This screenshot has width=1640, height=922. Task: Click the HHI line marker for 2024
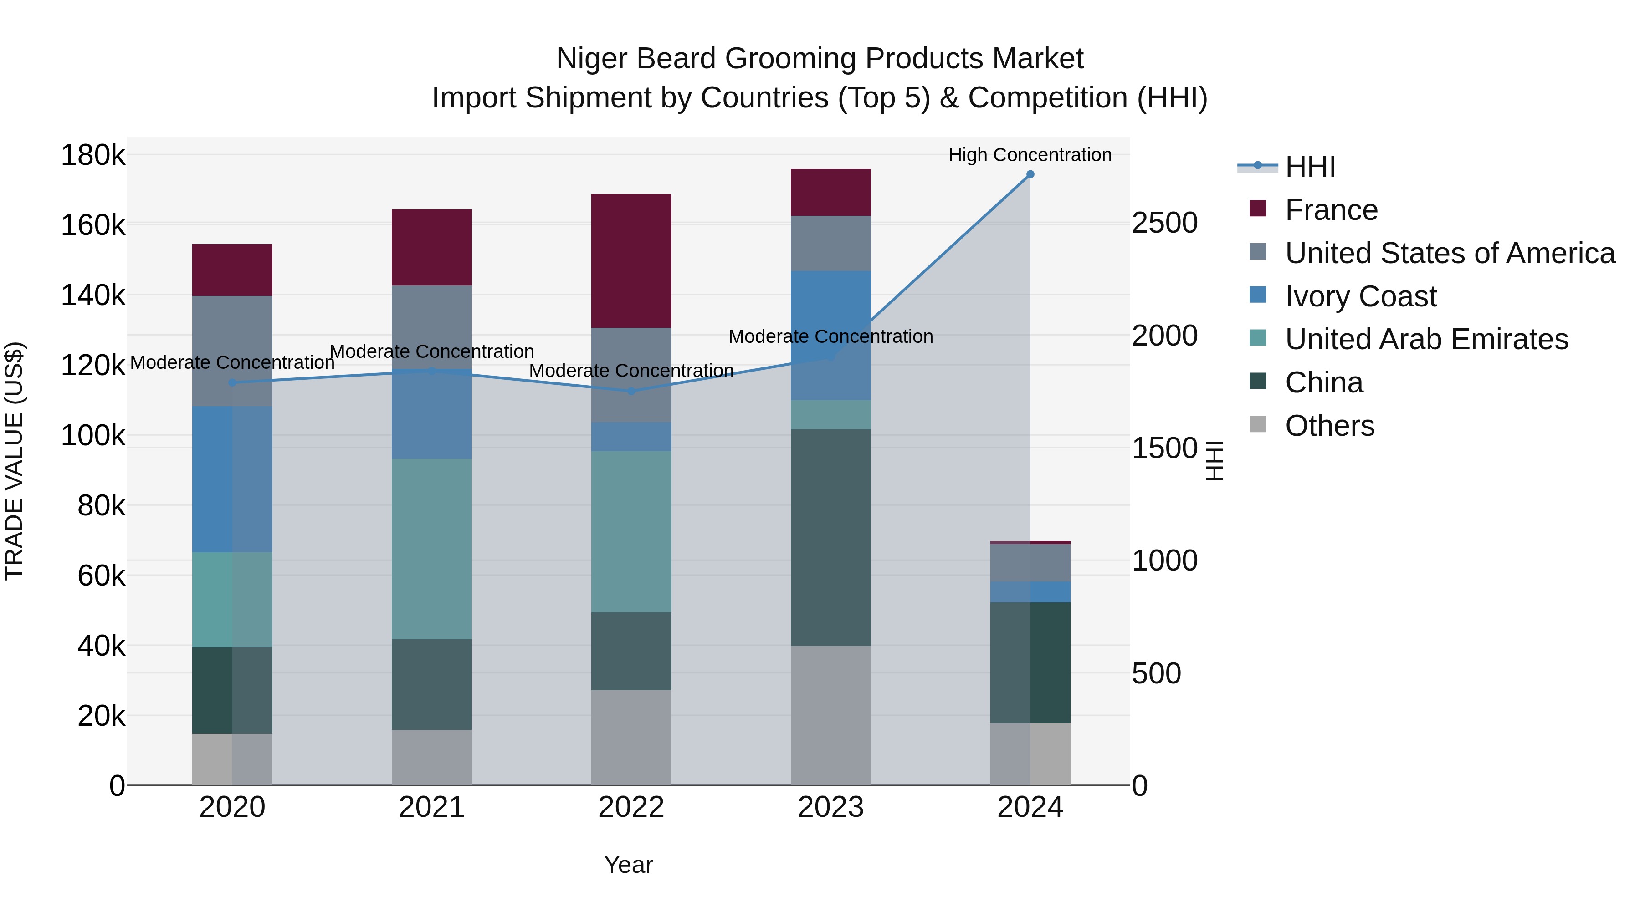coord(1030,174)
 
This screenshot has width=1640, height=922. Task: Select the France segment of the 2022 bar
coord(631,261)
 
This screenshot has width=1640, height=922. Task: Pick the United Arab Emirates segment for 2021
coord(432,549)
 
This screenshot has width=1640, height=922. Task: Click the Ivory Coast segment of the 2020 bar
coord(232,479)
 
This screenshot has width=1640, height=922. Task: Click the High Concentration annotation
coord(1030,155)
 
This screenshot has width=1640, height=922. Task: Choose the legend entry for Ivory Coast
coord(1360,296)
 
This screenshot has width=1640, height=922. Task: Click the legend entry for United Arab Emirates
coord(1426,339)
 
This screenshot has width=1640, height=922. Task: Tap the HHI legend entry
coord(1310,167)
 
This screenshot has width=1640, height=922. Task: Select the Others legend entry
coord(1329,426)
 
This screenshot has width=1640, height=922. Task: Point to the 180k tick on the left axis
coord(93,155)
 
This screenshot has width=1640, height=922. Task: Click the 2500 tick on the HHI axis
coord(1164,224)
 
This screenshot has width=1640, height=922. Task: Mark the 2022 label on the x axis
coord(631,807)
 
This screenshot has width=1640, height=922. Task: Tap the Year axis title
coord(628,865)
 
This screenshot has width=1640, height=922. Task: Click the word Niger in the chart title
coord(591,59)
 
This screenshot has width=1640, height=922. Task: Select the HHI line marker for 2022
coord(631,391)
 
